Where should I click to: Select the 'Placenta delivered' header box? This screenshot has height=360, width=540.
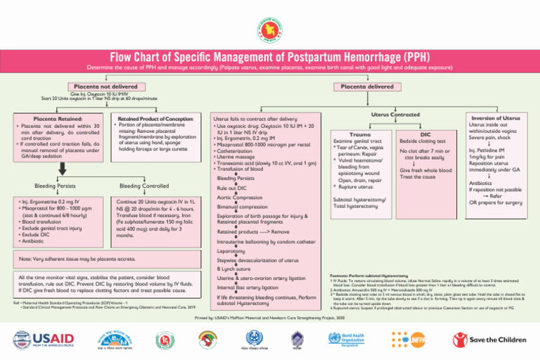click(367, 86)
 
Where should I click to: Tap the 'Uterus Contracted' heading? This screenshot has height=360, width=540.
click(394, 113)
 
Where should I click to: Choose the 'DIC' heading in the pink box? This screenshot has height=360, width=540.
click(425, 133)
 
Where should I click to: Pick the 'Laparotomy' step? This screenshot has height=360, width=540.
click(231, 250)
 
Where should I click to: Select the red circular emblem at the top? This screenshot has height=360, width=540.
click(270, 22)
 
